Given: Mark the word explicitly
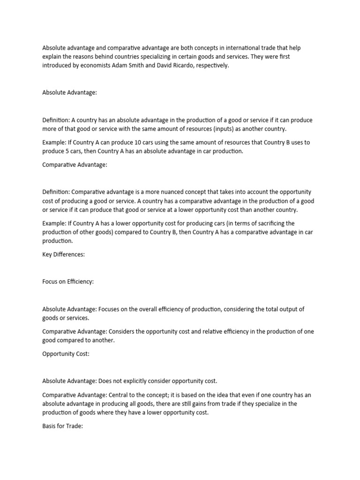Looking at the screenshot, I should pos(137,381).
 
